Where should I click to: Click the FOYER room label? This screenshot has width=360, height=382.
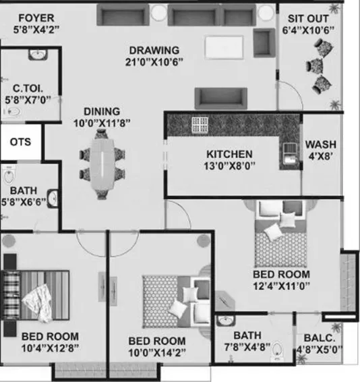[36, 18]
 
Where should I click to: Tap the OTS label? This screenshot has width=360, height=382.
[20, 142]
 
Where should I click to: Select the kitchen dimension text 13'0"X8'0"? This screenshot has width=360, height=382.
[229, 166]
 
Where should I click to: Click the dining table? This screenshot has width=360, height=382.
[102, 164]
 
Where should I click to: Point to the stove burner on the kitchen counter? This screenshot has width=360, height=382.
[200, 125]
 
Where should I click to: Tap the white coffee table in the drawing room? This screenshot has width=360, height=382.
[224, 47]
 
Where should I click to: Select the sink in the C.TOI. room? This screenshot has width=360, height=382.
[38, 54]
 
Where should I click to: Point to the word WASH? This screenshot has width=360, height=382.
[321, 144]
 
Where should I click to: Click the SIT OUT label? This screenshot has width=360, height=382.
[308, 18]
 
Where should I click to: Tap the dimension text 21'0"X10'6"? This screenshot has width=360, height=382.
[154, 62]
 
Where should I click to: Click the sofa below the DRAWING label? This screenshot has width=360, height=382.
[221, 99]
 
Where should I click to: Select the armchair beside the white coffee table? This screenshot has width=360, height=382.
[264, 43]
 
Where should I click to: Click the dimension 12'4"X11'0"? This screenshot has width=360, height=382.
[282, 285]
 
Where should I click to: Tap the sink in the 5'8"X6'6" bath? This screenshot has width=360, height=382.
[53, 198]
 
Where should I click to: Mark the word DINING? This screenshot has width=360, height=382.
[102, 111]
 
